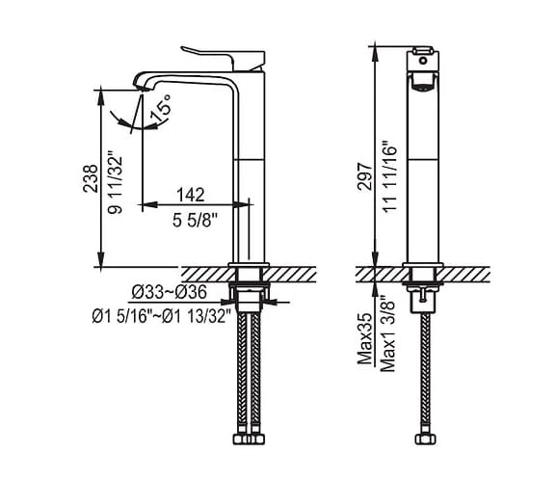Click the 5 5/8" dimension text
pyautogui.click(x=196, y=218)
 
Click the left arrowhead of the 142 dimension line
pyautogui.click(x=146, y=204)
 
